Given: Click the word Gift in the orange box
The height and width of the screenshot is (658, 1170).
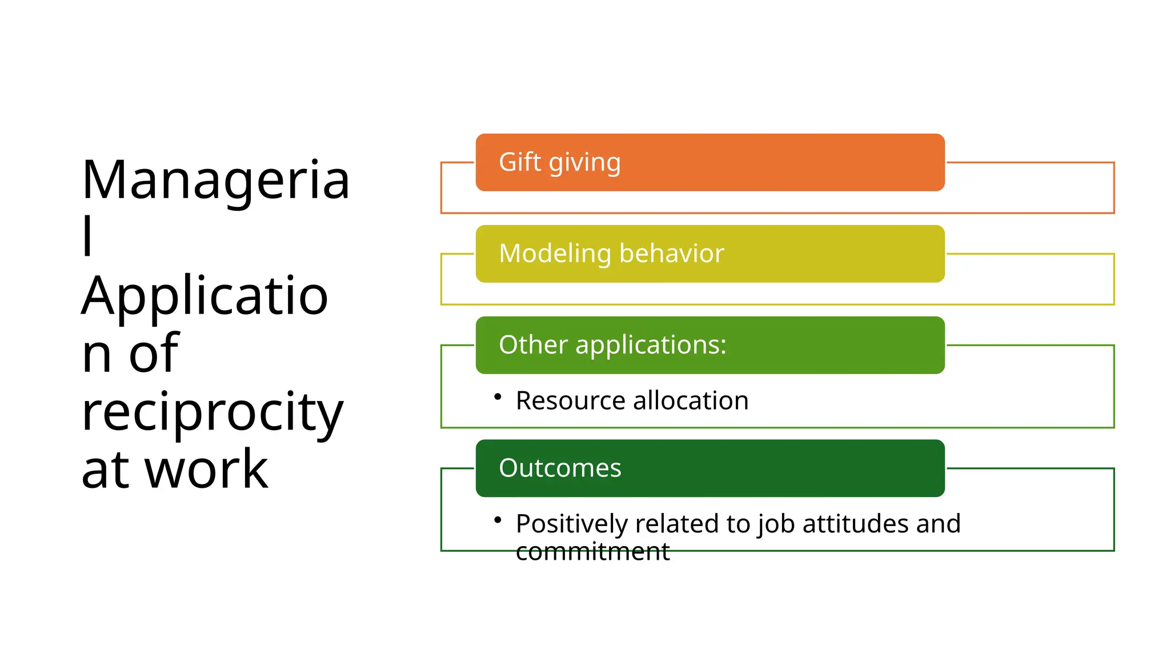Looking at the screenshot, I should pos(519,162).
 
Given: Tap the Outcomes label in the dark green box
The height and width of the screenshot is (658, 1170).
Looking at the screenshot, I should pos(560,468).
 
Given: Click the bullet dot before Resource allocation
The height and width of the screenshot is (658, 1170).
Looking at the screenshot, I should pos(498,396).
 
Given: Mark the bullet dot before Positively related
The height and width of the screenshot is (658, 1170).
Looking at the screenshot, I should pos(498,520).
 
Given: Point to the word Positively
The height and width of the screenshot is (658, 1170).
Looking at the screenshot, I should pos(571,524).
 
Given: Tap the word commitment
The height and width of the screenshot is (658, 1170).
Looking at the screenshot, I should pos(592,552).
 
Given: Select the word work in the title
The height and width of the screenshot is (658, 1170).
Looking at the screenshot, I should pos(206,470).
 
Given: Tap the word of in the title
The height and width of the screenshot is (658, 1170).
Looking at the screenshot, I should pos(154,354).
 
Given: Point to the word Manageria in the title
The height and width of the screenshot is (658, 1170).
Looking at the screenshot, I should pos(215,180).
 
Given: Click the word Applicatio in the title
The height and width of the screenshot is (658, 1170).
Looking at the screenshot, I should pos(205,296).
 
